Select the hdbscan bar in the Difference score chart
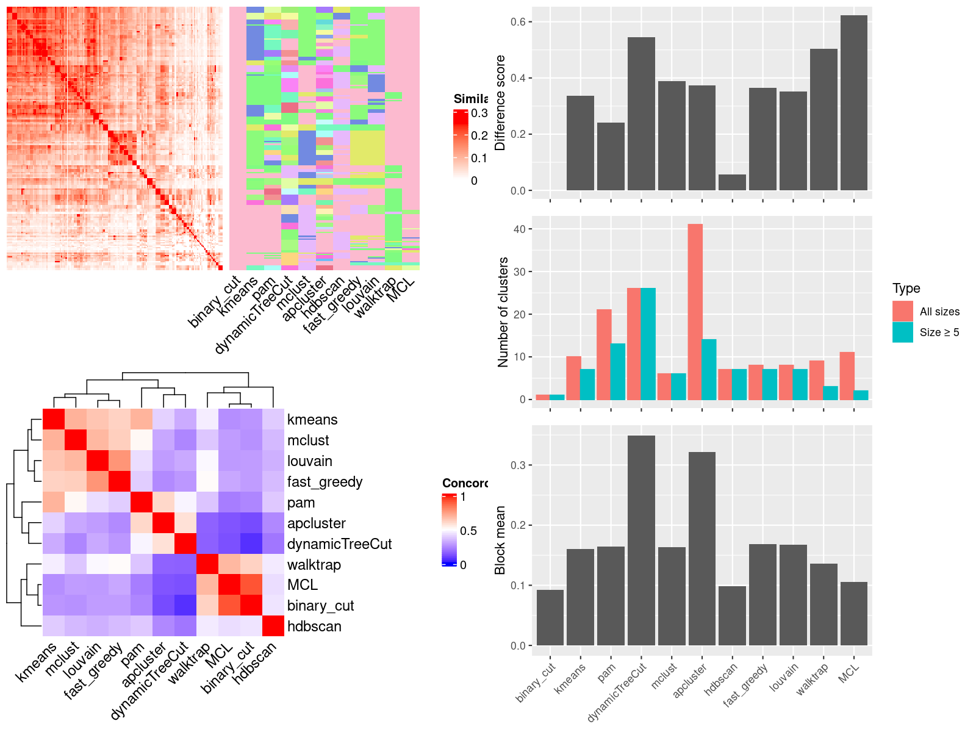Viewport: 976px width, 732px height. (x=732, y=182)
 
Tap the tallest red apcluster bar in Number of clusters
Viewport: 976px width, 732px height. (x=695, y=312)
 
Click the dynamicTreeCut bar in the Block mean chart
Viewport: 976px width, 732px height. (x=641, y=540)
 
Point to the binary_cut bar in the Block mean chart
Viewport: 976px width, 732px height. (x=550, y=617)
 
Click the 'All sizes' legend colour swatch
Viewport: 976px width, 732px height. (x=903, y=311)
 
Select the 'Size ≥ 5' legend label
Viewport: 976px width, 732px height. (x=939, y=332)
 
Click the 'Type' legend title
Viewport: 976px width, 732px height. (x=906, y=289)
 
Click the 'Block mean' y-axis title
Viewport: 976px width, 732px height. (x=500, y=540)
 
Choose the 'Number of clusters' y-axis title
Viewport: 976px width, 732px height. (x=503, y=312)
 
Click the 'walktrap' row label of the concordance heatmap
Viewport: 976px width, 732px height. (x=314, y=565)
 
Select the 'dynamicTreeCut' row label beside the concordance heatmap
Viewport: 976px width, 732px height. (x=339, y=544)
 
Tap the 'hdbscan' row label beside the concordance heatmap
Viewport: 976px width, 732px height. (x=314, y=626)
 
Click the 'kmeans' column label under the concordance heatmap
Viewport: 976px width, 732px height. (x=37, y=661)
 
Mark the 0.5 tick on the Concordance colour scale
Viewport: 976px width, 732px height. (x=468, y=531)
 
